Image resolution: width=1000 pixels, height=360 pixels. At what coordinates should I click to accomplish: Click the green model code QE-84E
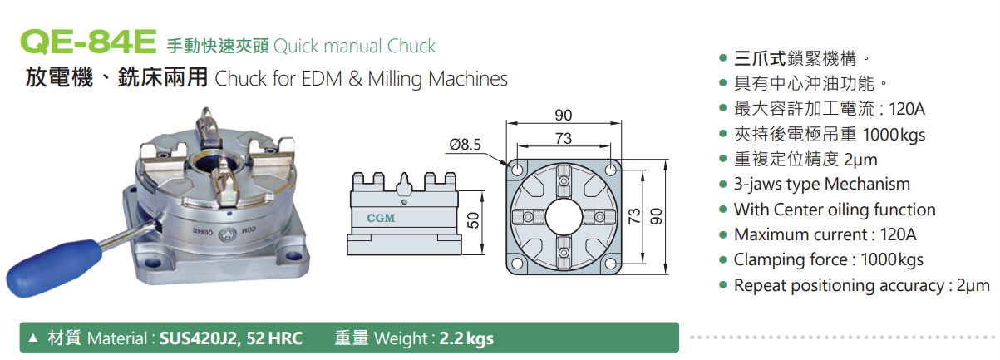pos(88,42)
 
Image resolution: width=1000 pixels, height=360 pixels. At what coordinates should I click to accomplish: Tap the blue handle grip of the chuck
pos(52,268)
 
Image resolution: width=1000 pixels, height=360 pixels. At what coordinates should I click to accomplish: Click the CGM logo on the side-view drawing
pos(381,218)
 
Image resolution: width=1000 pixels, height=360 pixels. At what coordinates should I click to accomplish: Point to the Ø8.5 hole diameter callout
pos(465,145)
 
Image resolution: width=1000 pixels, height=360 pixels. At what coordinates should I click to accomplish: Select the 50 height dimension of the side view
pos(473,220)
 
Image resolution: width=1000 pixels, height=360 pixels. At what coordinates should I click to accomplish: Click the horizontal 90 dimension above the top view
pos(564,116)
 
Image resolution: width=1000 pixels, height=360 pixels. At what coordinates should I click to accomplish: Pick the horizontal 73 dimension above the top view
pos(564,139)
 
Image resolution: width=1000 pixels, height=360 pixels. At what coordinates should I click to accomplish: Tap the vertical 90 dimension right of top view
pos(656,217)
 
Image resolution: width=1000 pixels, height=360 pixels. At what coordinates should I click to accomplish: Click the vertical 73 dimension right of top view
pos(634,216)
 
